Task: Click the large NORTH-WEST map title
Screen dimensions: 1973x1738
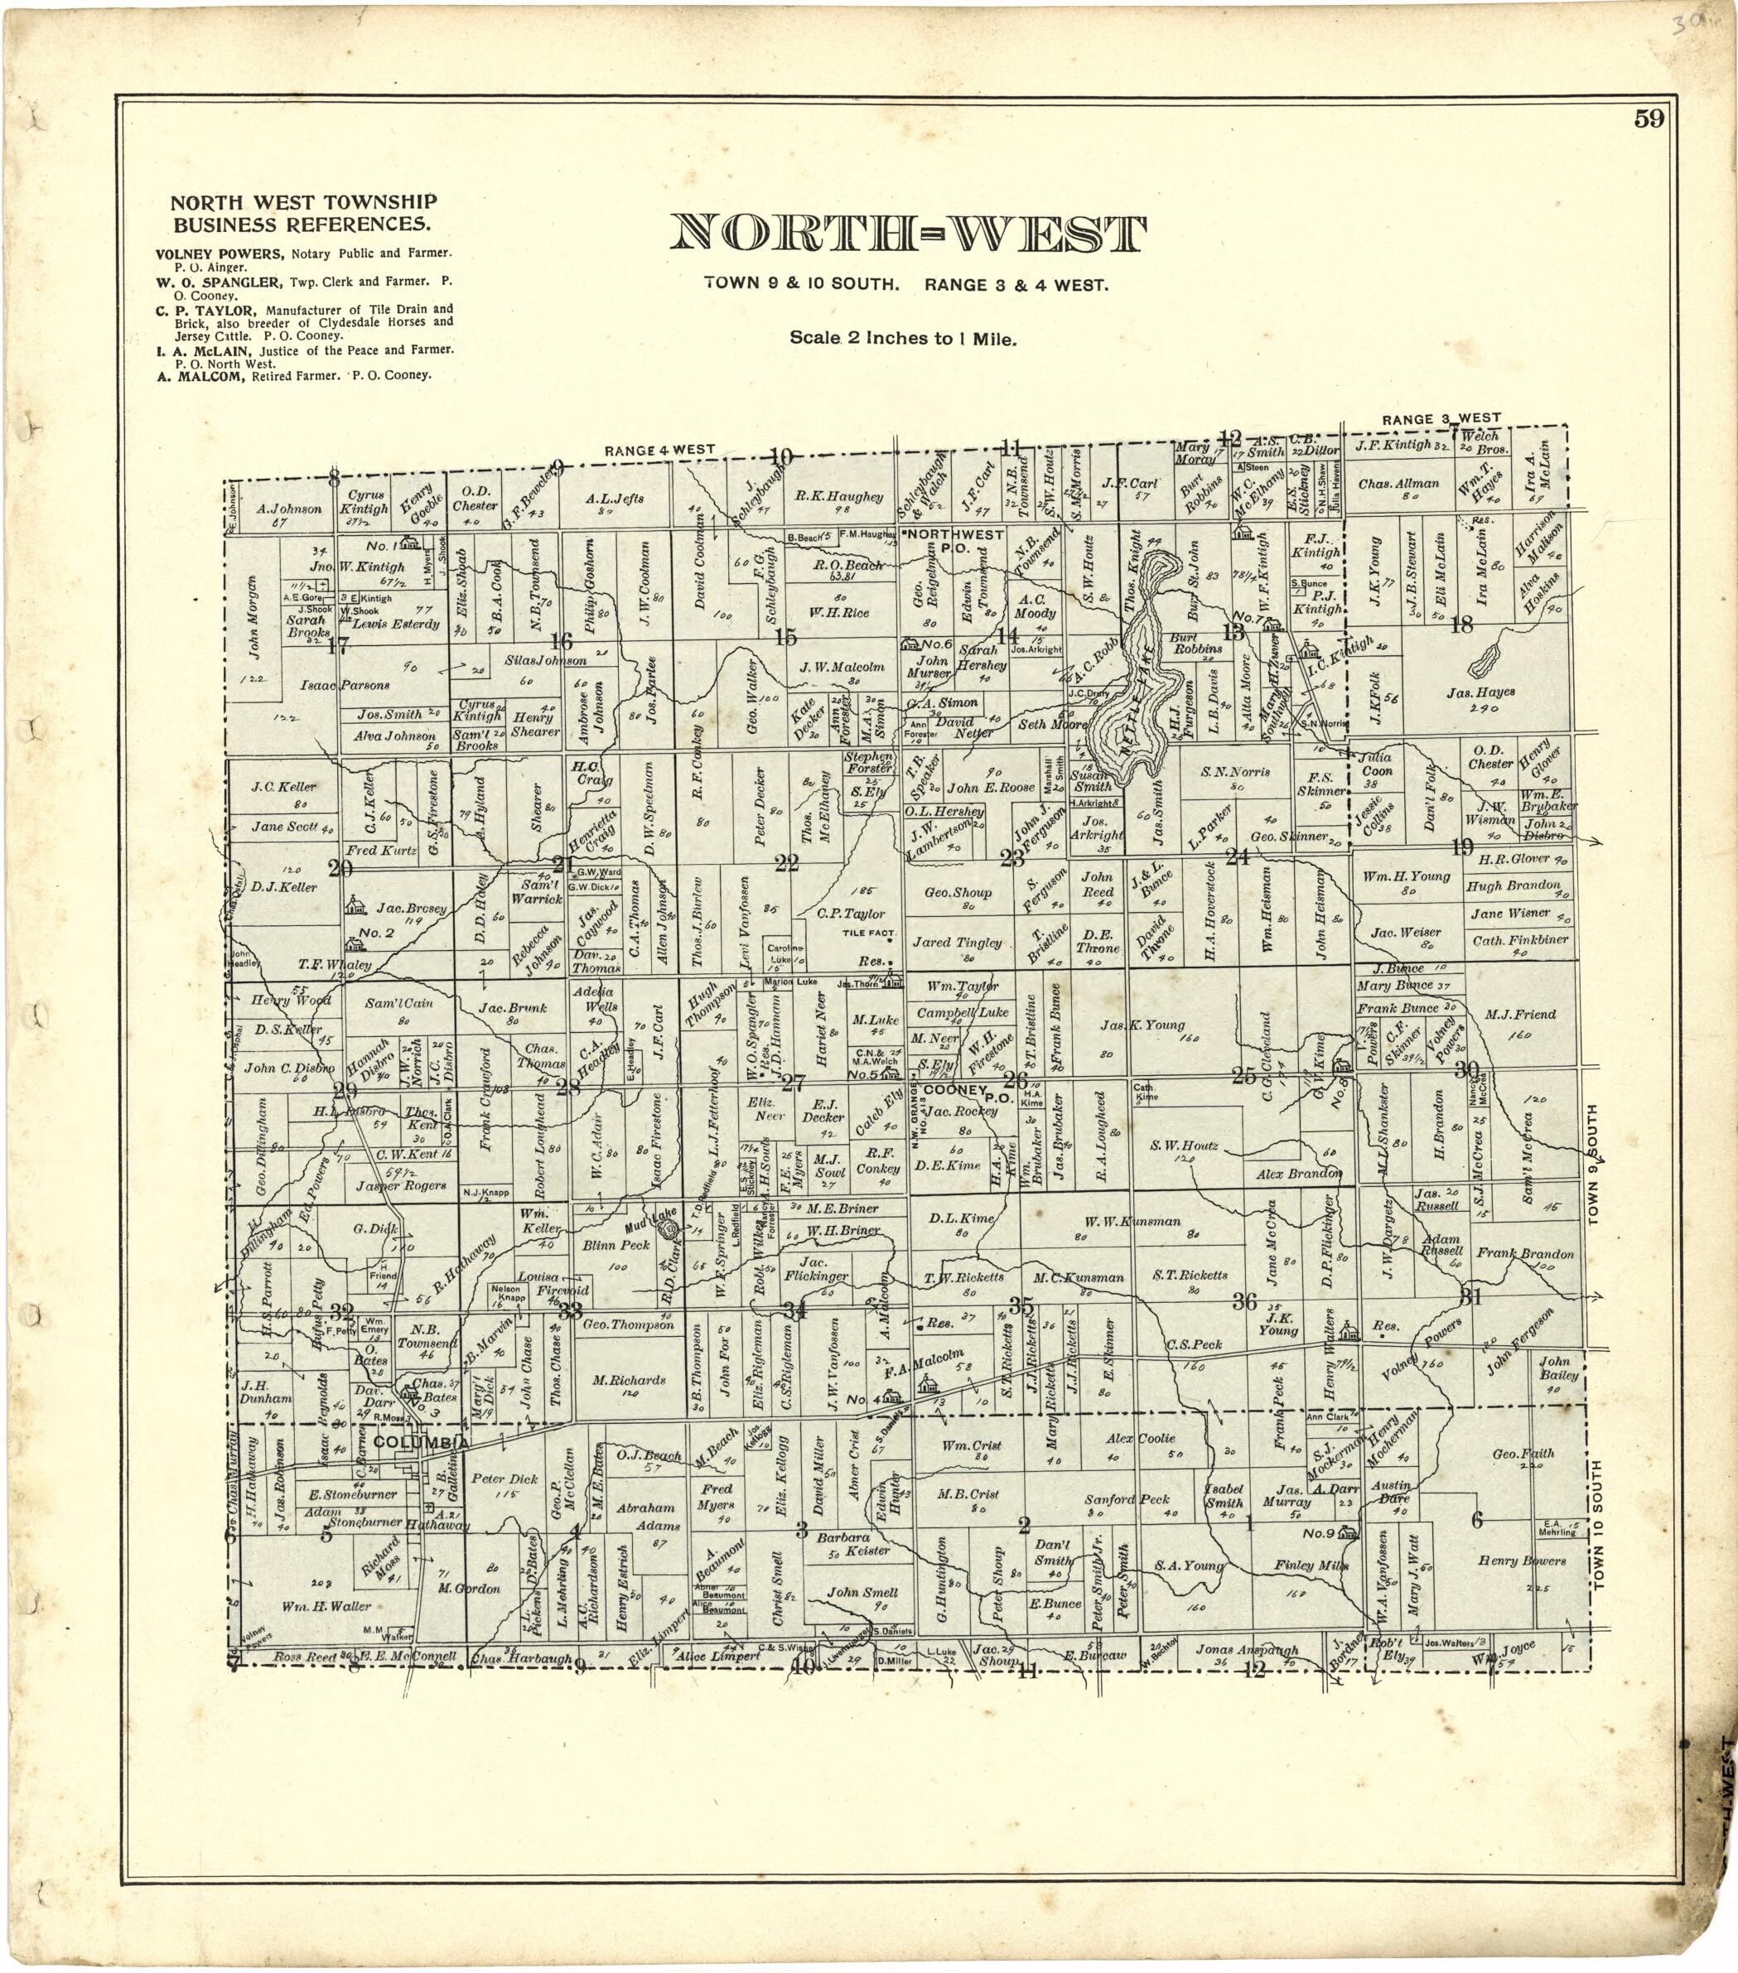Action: (x=908, y=234)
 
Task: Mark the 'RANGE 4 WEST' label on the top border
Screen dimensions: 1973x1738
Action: (x=659, y=450)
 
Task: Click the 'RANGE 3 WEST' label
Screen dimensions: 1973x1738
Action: (x=1441, y=419)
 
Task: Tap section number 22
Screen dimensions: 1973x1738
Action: (x=787, y=864)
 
